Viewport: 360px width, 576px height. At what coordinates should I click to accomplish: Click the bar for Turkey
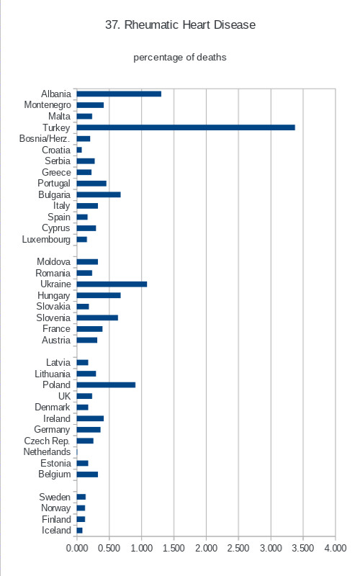[x=186, y=127]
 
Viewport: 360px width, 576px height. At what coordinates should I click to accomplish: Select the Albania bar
[x=119, y=94]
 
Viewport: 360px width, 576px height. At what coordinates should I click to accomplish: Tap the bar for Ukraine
[x=112, y=284]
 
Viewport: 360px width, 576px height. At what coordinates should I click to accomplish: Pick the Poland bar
[x=106, y=385]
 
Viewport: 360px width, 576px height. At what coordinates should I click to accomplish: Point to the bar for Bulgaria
[x=99, y=194]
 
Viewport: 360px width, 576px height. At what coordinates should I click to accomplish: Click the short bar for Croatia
[x=79, y=150]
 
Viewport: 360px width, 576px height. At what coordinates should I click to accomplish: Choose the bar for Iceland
[x=80, y=531]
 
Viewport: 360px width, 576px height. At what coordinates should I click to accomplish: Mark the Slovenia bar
[x=97, y=318]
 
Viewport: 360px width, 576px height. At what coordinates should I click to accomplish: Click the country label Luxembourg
[x=46, y=240]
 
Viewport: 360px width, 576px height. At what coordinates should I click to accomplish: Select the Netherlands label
[x=47, y=452]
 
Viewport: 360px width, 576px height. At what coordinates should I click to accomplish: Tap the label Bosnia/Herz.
[x=45, y=138]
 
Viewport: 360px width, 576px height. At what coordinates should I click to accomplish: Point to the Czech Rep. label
[x=47, y=441]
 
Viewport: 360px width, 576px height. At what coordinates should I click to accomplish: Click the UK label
[x=64, y=396]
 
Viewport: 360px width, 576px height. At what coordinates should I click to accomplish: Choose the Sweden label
[x=55, y=497]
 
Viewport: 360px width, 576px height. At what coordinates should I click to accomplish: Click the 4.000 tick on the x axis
[x=336, y=548]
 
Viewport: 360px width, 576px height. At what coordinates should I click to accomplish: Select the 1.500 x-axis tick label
[x=174, y=548]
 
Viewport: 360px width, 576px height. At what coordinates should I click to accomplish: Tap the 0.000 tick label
[x=77, y=548]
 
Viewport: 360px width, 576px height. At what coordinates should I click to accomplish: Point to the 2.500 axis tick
[x=238, y=548]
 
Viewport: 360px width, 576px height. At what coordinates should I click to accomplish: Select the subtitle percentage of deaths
[x=180, y=58]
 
